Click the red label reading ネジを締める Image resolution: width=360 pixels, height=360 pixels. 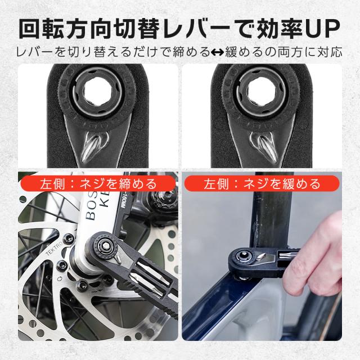[97, 184]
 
